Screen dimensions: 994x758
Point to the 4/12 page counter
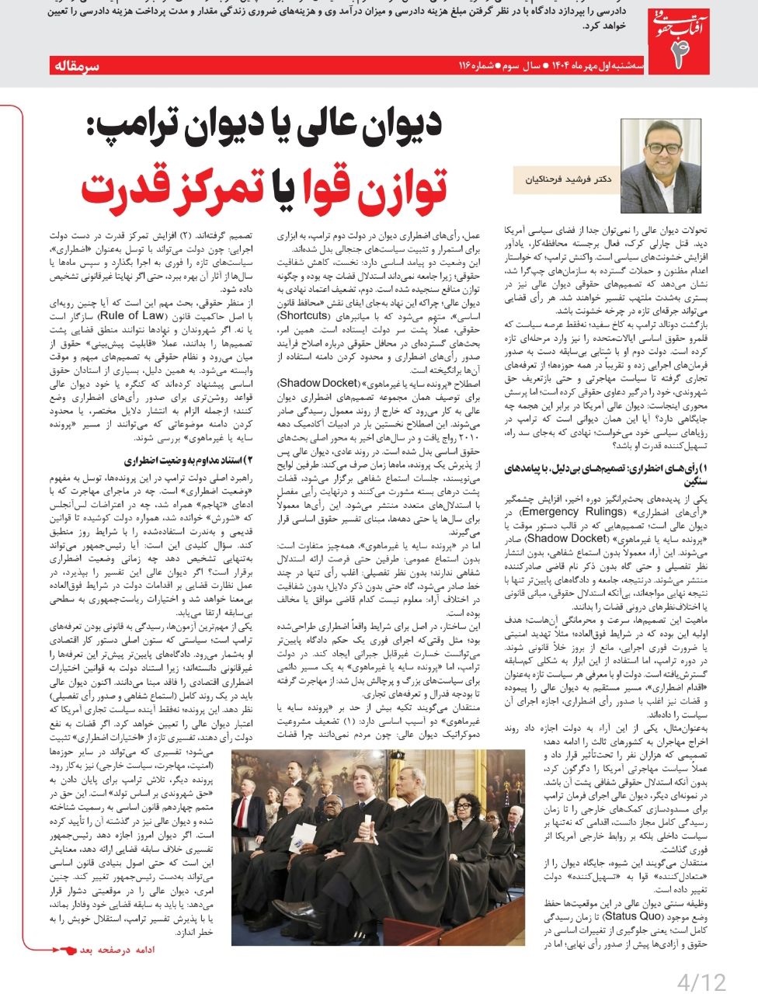(x=701, y=981)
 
